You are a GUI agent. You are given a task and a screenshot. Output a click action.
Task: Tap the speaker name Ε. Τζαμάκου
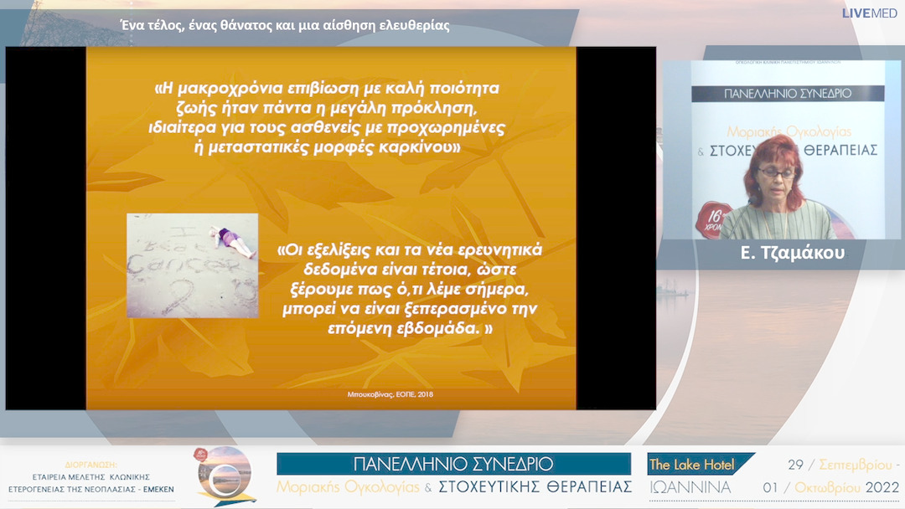tap(792, 254)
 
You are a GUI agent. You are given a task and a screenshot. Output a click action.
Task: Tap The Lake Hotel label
tap(691, 465)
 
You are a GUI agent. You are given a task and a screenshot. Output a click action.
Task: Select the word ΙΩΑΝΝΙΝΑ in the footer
tap(690, 487)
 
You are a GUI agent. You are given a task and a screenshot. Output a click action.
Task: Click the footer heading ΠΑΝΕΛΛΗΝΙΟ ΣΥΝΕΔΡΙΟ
tap(453, 464)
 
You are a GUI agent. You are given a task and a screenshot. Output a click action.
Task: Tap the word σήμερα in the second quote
tap(502, 289)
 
